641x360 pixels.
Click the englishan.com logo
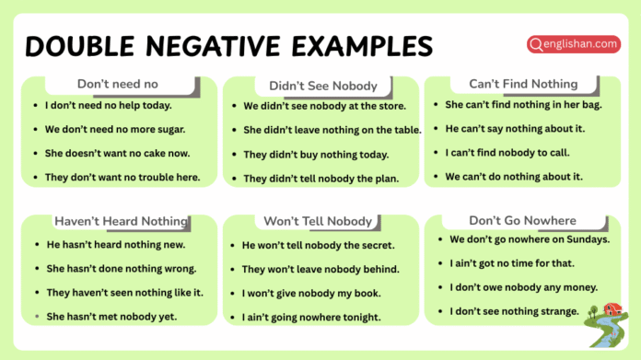[573, 43]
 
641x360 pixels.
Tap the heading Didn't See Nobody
[323, 87]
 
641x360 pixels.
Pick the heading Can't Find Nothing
[523, 84]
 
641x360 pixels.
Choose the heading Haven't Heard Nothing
[121, 221]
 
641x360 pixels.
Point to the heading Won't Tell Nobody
[318, 221]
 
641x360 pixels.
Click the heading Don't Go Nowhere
[522, 220]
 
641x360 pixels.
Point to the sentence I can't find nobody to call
[507, 152]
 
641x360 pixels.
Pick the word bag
[588, 105]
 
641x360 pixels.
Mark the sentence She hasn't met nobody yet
[111, 317]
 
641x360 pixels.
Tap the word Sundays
[585, 239]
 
